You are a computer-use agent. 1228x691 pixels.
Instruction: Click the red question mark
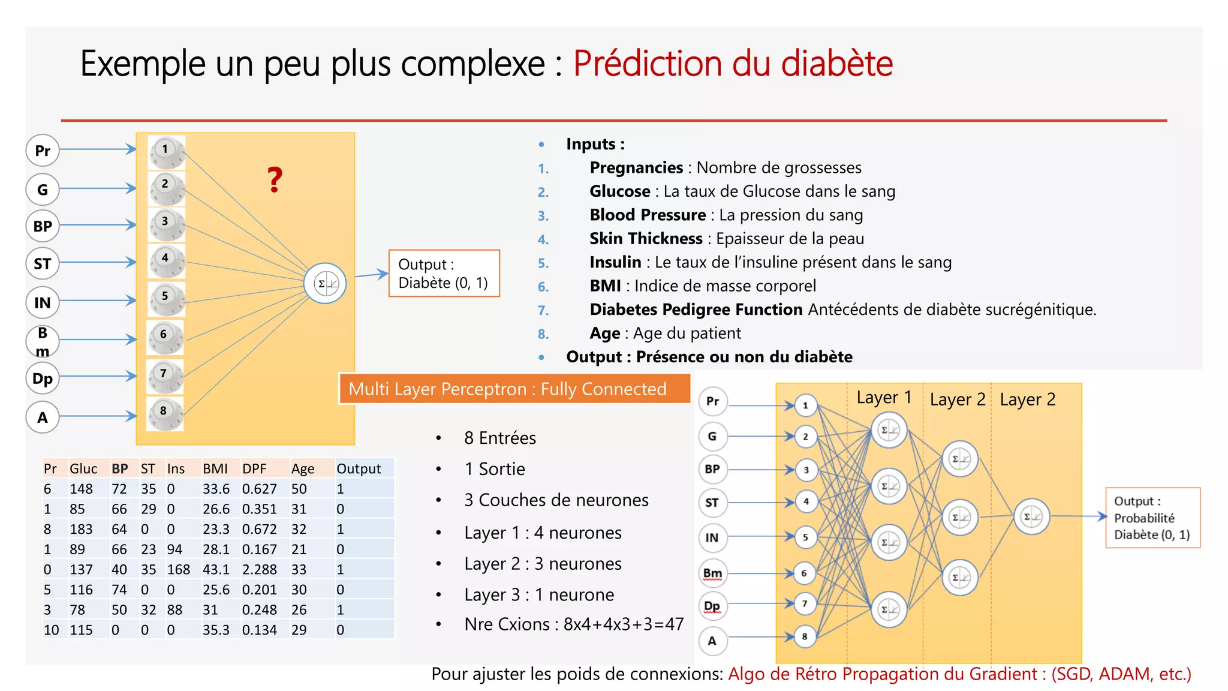point(275,179)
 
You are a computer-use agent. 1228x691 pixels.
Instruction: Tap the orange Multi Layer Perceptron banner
point(514,389)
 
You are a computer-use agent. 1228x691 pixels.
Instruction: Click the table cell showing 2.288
point(259,569)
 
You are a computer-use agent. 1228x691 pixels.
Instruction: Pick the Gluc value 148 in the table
point(81,489)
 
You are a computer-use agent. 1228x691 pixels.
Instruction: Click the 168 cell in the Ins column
point(178,569)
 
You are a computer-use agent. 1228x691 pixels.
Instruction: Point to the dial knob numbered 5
point(165,299)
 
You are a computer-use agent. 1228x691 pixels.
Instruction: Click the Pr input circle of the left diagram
point(43,151)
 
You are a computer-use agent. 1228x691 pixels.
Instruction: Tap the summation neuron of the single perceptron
point(325,283)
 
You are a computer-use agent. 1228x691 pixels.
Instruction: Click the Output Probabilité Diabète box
point(1152,518)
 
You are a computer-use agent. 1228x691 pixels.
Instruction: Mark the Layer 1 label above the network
point(884,398)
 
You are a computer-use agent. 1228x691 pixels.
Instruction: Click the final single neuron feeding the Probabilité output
point(1031,516)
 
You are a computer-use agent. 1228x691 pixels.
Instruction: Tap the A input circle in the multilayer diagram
point(712,641)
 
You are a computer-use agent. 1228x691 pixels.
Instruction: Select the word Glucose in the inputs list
point(619,191)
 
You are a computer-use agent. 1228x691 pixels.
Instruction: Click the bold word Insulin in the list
point(615,262)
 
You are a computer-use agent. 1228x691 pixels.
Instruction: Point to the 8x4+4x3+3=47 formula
point(624,624)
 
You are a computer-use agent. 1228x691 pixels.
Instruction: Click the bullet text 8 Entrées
point(499,438)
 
